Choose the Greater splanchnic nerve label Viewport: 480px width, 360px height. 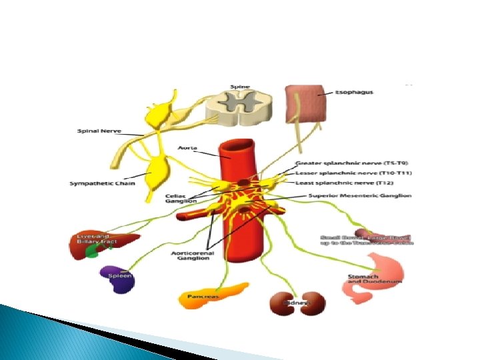[351, 163]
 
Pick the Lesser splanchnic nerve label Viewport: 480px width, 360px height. [353, 173]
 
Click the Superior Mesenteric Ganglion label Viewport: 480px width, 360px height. [359, 196]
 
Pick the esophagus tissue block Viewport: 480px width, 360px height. [306, 107]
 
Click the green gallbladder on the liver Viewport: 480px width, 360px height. [98, 252]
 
